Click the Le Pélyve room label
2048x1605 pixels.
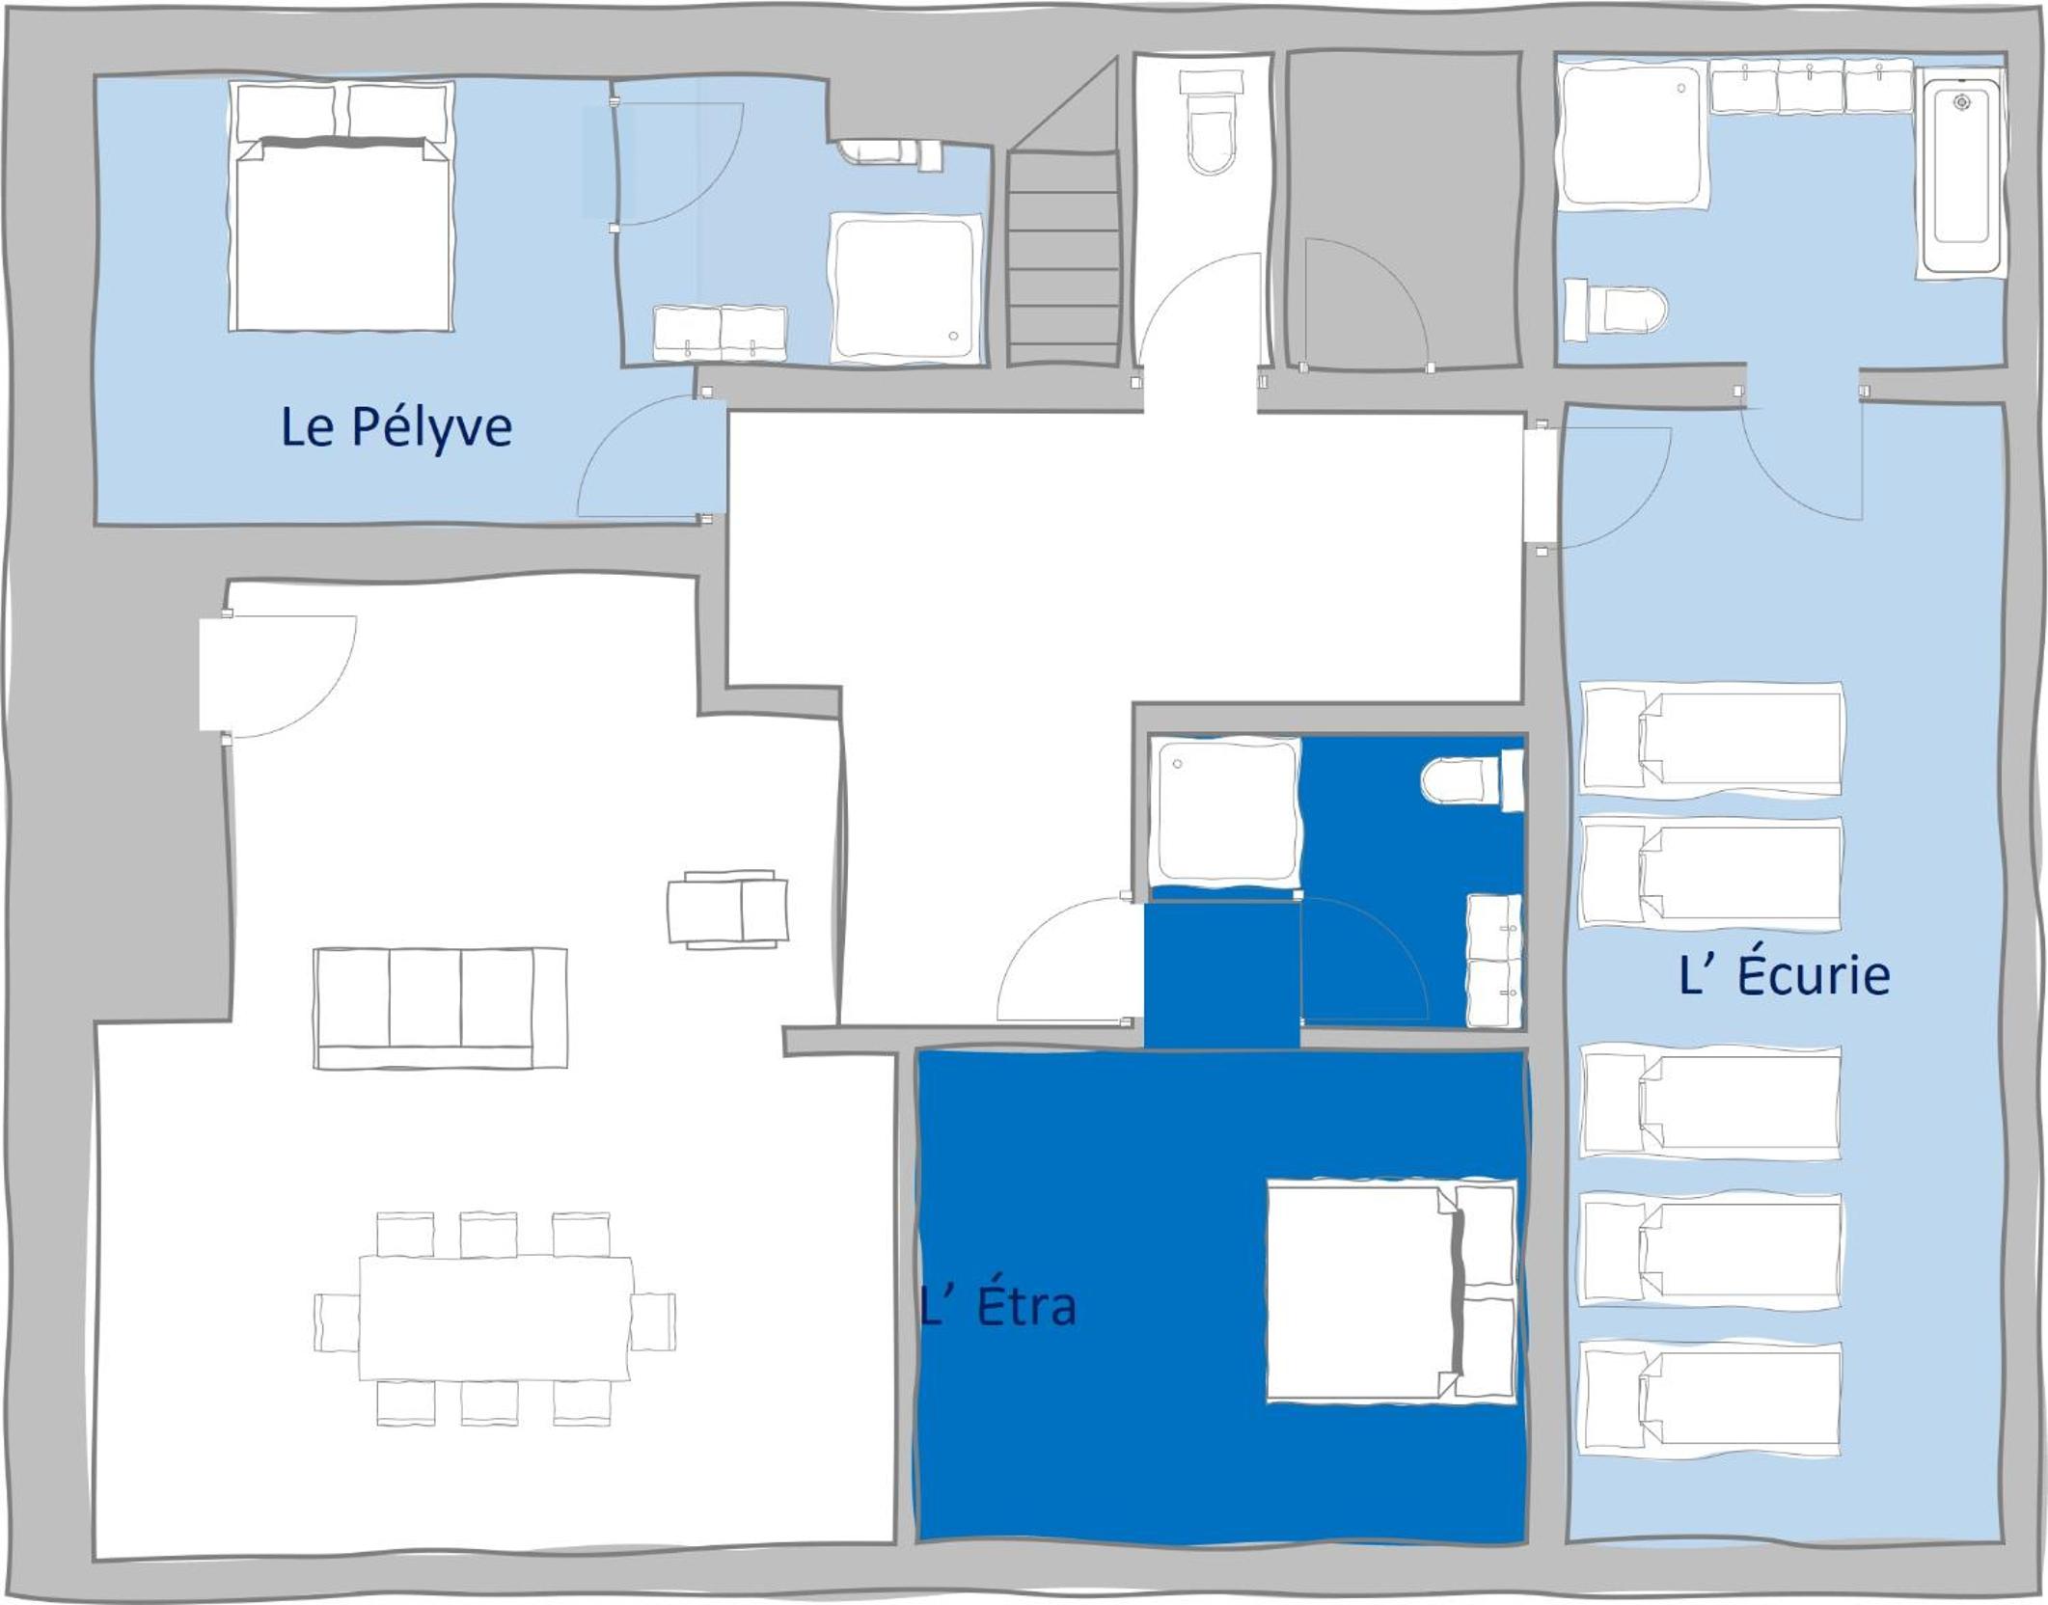click(x=396, y=427)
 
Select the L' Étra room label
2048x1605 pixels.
click(x=998, y=1307)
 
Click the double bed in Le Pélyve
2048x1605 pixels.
click(x=341, y=206)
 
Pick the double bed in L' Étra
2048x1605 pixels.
click(x=1392, y=1291)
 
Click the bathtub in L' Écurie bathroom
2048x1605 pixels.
click(x=1961, y=174)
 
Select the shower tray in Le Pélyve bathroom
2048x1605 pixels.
click(x=905, y=288)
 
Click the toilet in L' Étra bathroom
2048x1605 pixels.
click(x=1472, y=779)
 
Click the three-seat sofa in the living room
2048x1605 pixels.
click(x=440, y=1008)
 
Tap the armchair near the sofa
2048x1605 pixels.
click(x=728, y=909)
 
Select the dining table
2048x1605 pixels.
click(x=496, y=1318)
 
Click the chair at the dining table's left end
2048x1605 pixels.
click(x=337, y=1322)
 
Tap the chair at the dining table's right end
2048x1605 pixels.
click(x=653, y=1321)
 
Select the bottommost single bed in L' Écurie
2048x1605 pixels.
click(x=1709, y=1398)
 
